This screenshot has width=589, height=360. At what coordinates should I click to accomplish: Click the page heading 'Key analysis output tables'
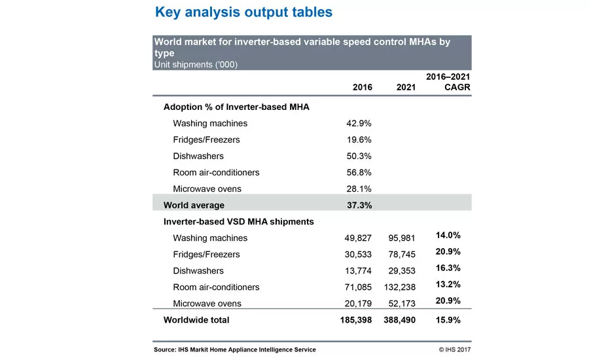tap(244, 12)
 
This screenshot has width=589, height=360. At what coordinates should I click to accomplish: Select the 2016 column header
tap(363, 87)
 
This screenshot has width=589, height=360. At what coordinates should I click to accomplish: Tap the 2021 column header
tap(406, 87)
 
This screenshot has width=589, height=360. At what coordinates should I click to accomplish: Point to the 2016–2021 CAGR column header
tap(448, 82)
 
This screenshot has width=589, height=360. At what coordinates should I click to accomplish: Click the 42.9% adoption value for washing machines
tap(359, 123)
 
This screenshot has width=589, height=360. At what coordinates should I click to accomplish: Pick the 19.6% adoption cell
tap(359, 140)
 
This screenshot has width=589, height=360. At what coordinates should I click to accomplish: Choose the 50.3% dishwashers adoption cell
tap(359, 156)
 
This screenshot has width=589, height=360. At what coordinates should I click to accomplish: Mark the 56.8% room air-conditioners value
tap(359, 173)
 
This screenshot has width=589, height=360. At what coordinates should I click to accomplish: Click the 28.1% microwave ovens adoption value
tap(359, 189)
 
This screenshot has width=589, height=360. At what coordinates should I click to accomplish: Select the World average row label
tap(194, 205)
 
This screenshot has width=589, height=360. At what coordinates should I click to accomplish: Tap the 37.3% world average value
tap(359, 205)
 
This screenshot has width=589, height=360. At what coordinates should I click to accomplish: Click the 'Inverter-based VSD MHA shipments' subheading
tap(238, 222)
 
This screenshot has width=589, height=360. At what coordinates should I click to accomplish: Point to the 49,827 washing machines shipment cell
tap(358, 238)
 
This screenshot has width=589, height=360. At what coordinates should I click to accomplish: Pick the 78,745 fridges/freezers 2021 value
tap(402, 255)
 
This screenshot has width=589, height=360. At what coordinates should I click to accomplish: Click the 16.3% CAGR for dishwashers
tap(448, 268)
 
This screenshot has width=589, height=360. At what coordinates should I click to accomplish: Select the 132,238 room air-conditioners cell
tap(400, 287)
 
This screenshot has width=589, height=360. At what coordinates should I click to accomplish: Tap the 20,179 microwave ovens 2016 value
tap(358, 303)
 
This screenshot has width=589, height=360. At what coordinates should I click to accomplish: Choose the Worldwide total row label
tap(196, 320)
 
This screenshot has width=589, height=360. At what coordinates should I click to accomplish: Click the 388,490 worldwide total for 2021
tap(400, 320)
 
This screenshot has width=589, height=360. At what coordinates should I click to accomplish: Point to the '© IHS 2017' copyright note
tap(455, 350)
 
